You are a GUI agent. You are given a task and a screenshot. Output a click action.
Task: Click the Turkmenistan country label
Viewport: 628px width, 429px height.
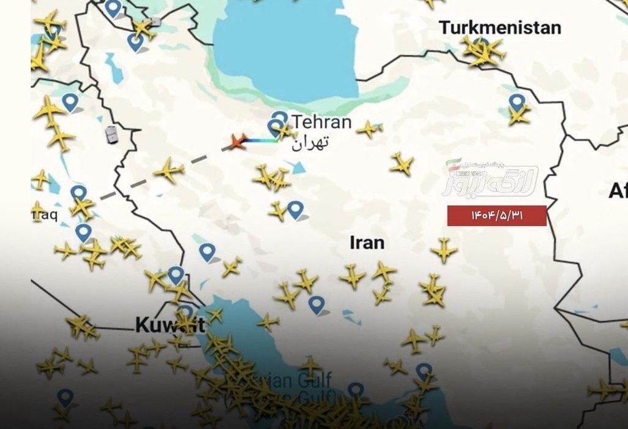coord(500,28)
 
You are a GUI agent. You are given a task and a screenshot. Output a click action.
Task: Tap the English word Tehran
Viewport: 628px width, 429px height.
coord(321,122)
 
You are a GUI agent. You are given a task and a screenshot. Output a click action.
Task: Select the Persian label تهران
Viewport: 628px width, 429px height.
coord(310,143)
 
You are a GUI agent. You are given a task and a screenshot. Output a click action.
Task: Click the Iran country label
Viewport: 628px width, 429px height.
coord(367,243)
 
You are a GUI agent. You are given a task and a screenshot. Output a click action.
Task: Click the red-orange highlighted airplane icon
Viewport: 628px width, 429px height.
coord(237,141)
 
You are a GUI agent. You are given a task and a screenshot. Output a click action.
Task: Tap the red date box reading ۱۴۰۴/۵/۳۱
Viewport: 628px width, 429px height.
coord(496,216)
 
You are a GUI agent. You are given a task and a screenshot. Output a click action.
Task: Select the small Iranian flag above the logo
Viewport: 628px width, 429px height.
coord(453,163)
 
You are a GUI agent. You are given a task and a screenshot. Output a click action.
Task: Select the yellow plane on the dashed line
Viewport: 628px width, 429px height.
coord(169,169)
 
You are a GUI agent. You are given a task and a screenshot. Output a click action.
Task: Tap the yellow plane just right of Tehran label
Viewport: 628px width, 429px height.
coord(369,129)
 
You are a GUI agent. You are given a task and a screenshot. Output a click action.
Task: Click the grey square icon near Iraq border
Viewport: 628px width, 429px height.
coord(111,134)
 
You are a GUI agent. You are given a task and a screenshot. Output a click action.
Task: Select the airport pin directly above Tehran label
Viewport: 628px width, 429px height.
coord(280,116)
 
